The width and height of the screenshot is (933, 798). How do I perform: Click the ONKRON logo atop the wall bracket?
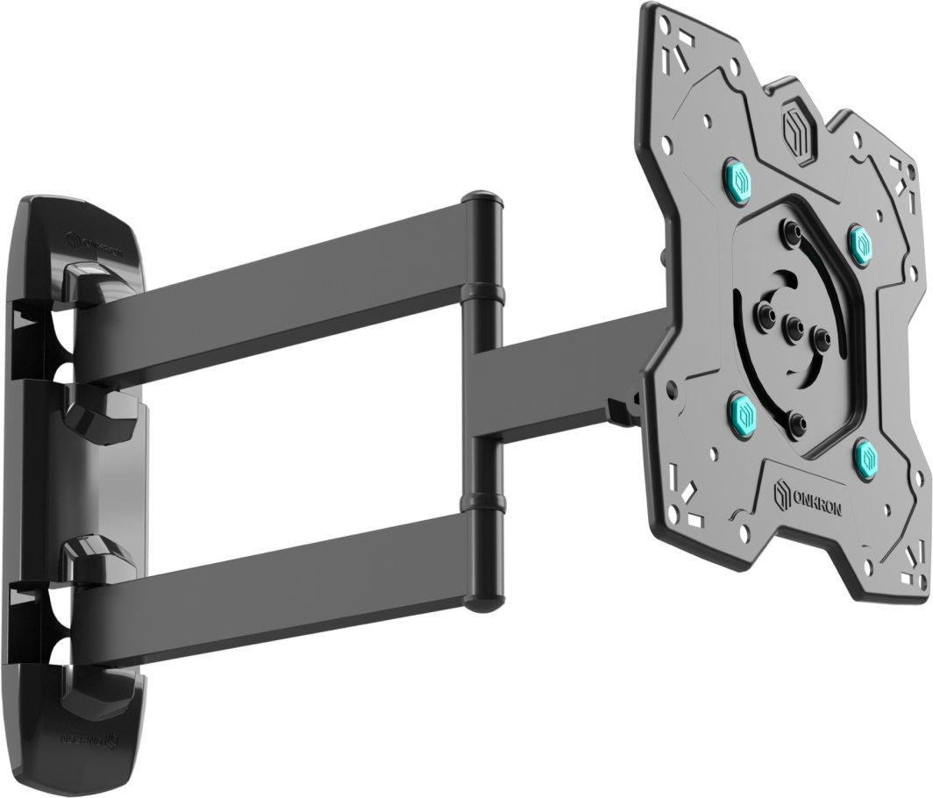(x=96, y=240)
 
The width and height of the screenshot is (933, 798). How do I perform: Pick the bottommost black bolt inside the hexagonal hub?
(x=798, y=427)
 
